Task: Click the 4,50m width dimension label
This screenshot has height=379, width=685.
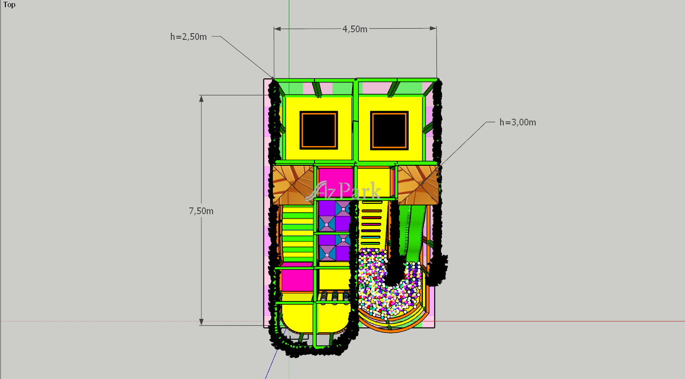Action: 355,29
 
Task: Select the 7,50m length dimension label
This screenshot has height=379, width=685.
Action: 201,211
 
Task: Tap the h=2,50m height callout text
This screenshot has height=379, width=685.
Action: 188,37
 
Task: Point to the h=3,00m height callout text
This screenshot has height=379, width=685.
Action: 518,122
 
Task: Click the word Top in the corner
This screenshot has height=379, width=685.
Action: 9,4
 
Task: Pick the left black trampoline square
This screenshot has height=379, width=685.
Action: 319,130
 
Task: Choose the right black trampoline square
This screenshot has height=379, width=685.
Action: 389,130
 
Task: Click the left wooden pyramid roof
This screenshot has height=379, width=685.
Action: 293,185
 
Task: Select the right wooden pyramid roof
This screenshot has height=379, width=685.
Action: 419,185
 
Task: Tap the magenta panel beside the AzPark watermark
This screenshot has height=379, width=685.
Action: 336,182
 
